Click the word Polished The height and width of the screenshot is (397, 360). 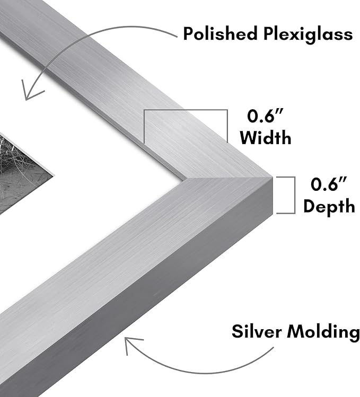pos(220,33)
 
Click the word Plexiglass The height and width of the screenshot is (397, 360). pos(308,34)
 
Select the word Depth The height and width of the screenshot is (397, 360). pos(329,207)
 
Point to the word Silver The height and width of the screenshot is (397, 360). pos(257,331)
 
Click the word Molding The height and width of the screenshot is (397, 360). pos(323,332)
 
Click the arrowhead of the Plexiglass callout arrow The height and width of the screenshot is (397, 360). pos(29,92)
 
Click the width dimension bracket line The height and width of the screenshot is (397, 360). pos(186,110)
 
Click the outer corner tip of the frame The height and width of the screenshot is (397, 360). pos(273,177)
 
